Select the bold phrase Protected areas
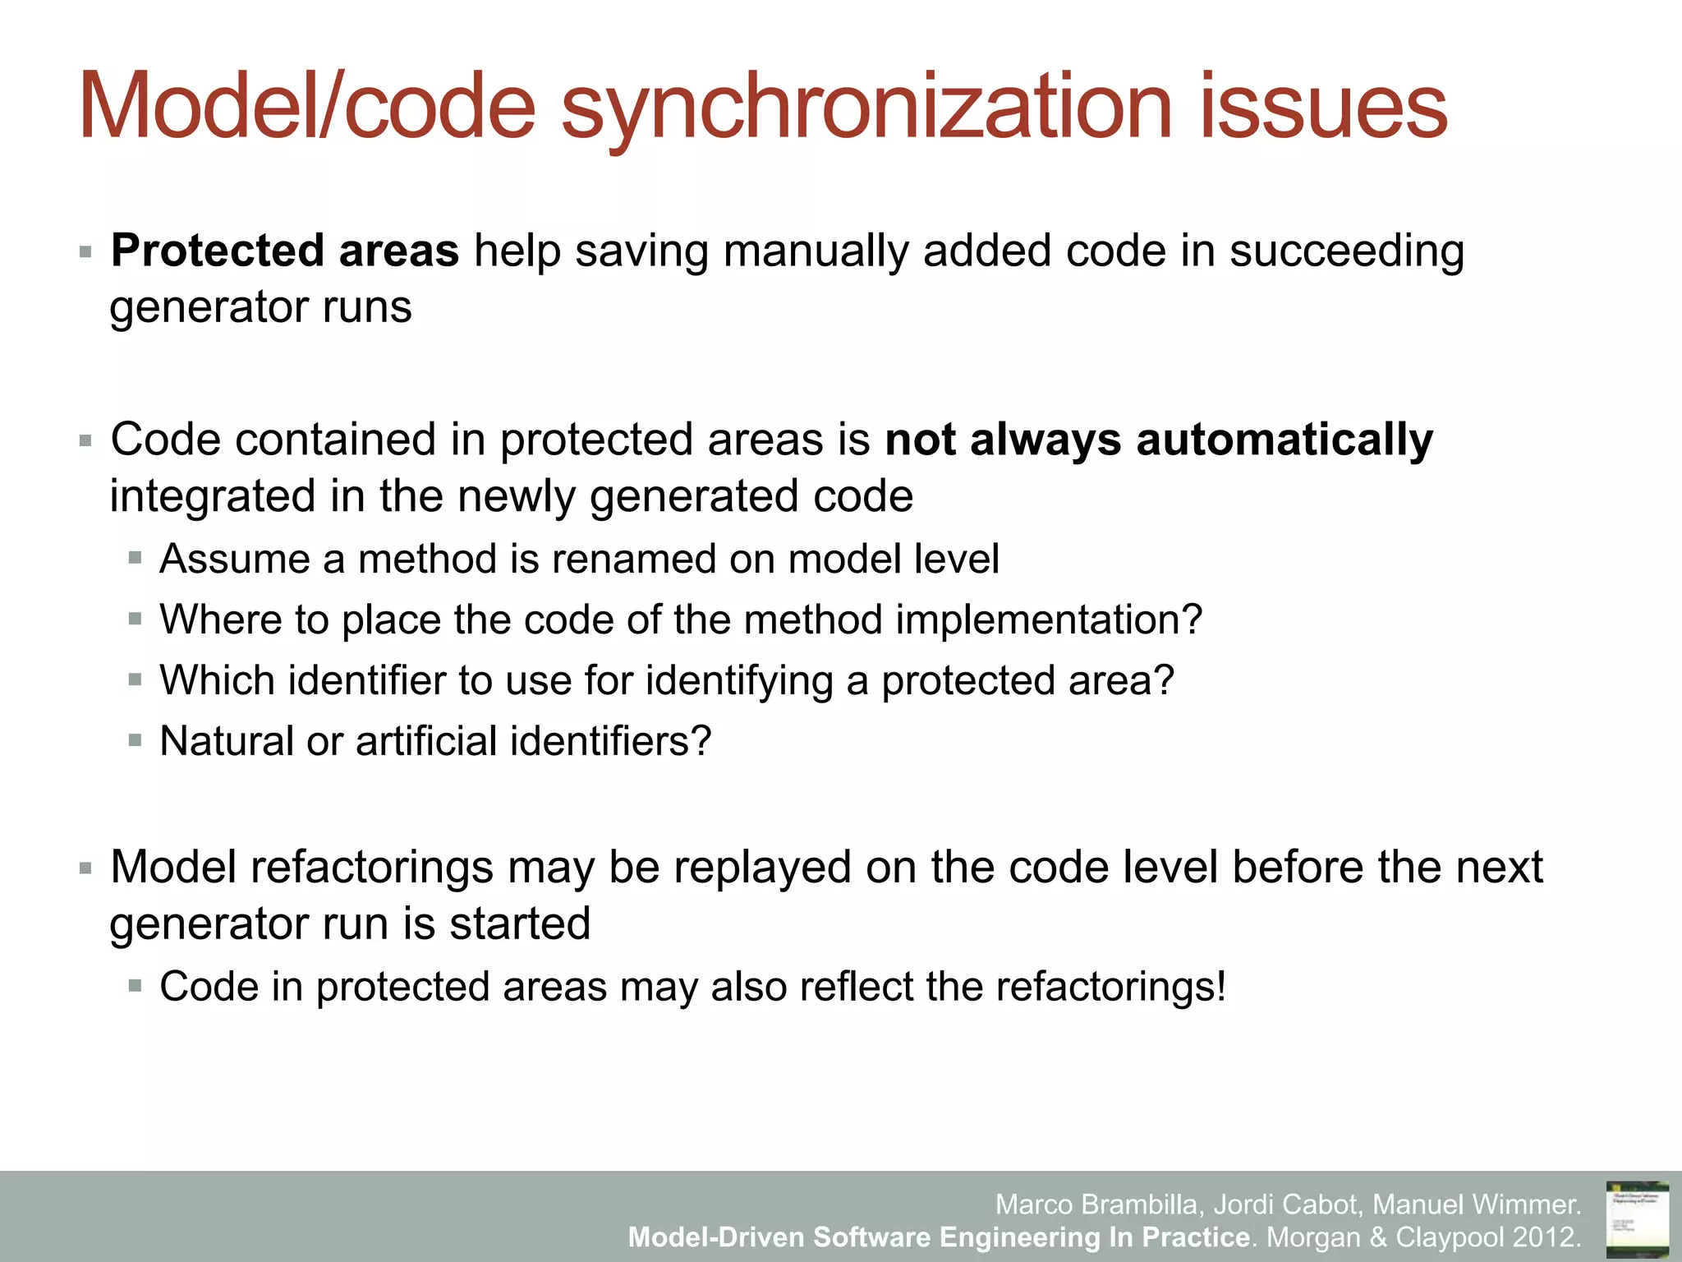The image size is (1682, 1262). pyautogui.click(x=285, y=251)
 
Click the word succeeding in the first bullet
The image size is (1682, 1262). pyautogui.click(x=1346, y=251)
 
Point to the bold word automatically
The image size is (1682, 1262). pyautogui.click(x=1284, y=440)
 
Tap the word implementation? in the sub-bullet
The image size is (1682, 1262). pyautogui.click(x=1049, y=619)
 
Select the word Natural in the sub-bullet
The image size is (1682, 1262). pyautogui.click(x=227, y=741)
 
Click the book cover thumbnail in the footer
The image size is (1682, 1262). pyautogui.click(x=1637, y=1219)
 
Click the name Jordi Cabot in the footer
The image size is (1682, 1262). pyautogui.click(x=1285, y=1204)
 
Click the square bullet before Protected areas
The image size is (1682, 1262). pyautogui.click(x=85, y=251)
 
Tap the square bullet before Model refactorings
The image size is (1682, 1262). pyautogui.click(x=85, y=868)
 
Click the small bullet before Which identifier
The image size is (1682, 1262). pyautogui.click(x=136, y=680)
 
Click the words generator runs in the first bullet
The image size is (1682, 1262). pyautogui.click(x=261, y=308)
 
